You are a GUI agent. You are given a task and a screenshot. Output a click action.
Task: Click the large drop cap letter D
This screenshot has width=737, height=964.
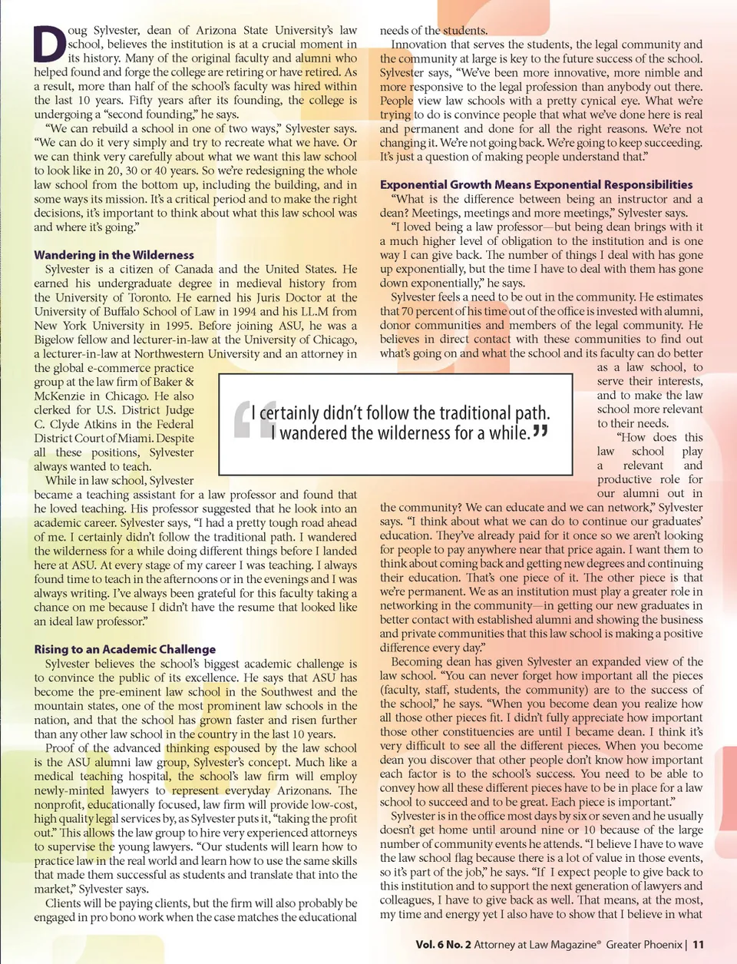click(x=50, y=44)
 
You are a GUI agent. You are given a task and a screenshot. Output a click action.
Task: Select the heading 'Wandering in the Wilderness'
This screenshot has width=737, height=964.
click(x=114, y=255)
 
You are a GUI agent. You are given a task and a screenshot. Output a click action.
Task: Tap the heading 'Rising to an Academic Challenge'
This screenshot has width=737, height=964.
click(x=124, y=649)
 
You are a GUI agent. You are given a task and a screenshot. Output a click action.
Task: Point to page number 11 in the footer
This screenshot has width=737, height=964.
click(x=698, y=945)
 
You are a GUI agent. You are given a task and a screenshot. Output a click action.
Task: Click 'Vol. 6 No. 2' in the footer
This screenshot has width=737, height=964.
click(x=443, y=945)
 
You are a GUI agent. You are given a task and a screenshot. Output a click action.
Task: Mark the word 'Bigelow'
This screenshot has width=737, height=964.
click(x=55, y=340)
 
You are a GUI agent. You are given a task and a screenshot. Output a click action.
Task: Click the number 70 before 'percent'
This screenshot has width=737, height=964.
click(x=407, y=311)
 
